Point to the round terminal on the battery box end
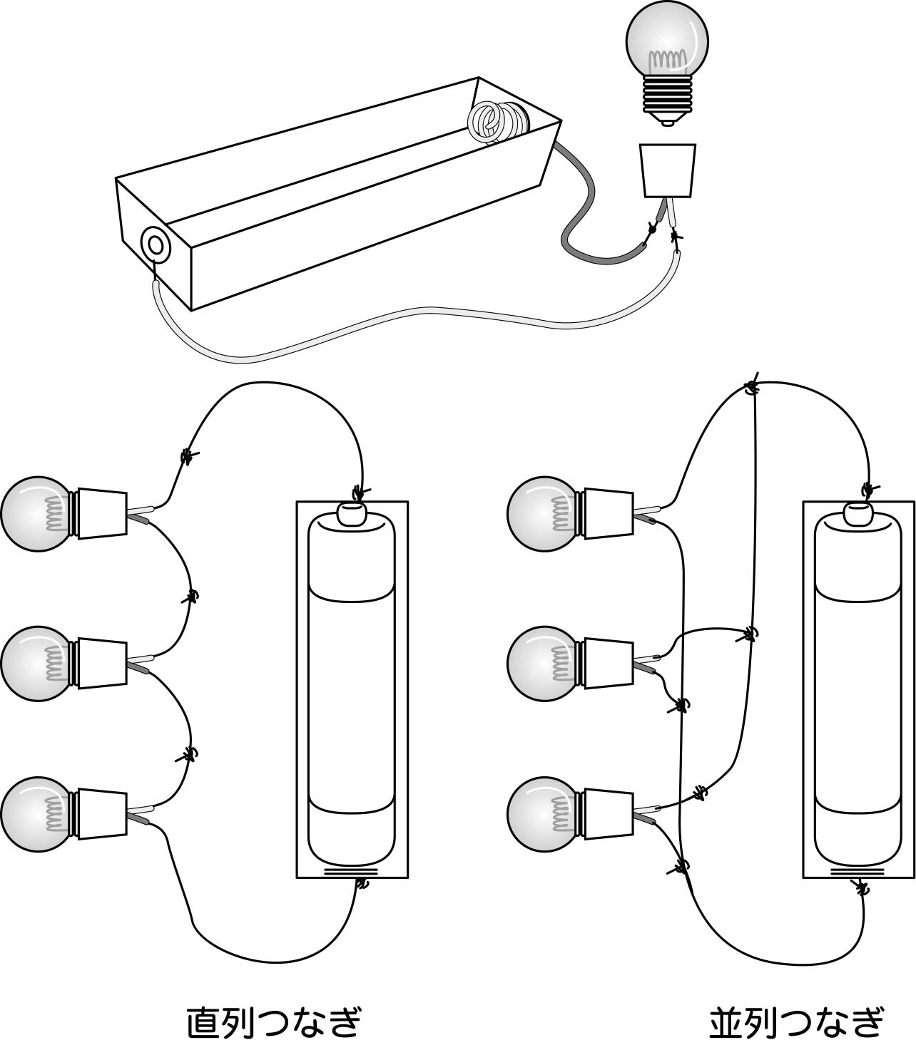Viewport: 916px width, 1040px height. pos(155,244)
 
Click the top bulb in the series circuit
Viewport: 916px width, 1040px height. pos(36,514)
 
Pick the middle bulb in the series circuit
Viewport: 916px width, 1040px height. pos(36,663)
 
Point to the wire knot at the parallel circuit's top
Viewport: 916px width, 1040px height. pos(751,388)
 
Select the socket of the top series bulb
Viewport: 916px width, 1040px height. pos(101,513)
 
